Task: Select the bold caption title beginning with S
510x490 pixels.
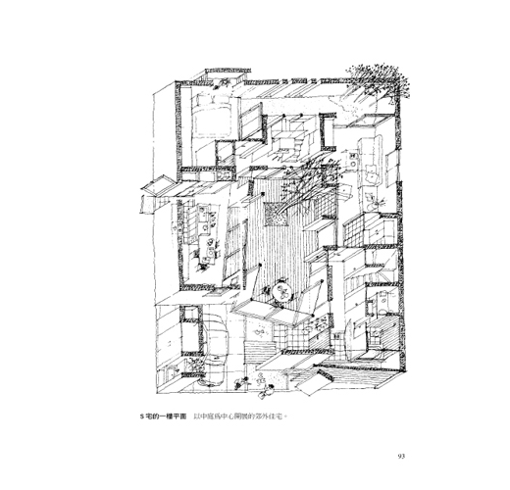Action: [x=163, y=416]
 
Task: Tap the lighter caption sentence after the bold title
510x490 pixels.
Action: [x=240, y=416]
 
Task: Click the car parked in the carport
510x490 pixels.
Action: [x=213, y=349]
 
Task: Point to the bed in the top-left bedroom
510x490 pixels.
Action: [x=213, y=116]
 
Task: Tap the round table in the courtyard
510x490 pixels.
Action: [x=281, y=293]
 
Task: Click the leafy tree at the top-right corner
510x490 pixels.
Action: [x=380, y=81]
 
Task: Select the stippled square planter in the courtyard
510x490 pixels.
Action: [x=276, y=214]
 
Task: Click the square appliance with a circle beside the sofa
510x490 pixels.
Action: [x=352, y=161]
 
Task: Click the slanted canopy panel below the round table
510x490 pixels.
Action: [x=272, y=311]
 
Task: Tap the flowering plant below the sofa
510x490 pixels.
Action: [x=376, y=201]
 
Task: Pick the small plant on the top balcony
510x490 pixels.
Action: [x=223, y=82]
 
